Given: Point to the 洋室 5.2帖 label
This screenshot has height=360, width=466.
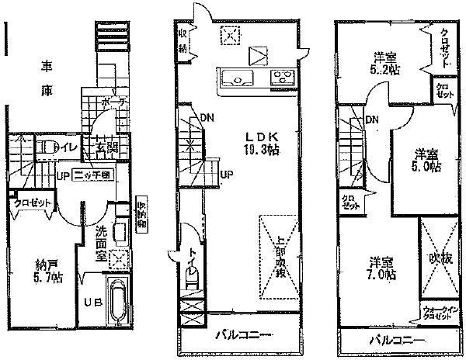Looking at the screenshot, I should tap(380, 61).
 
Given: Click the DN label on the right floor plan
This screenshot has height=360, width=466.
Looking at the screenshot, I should tap(372, 119).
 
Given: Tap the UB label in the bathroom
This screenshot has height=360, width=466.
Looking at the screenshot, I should tap(90, 301).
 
